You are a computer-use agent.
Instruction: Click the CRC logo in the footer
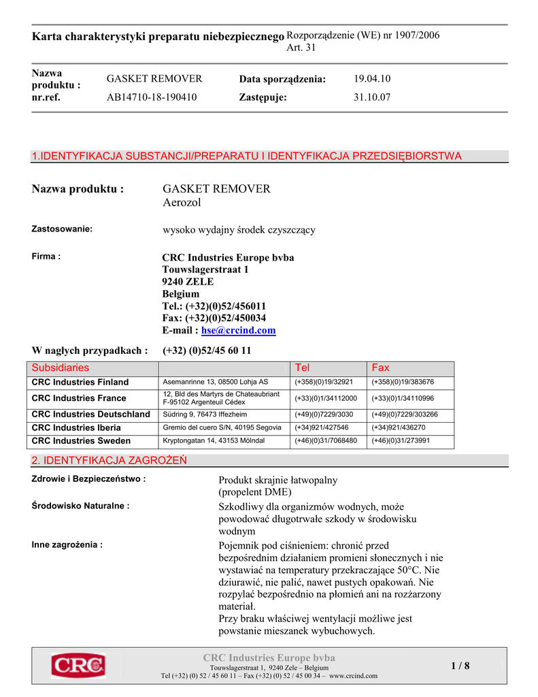click(78, 665)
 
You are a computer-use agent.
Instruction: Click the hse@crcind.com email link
click(239, 330)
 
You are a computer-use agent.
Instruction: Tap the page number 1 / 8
click(460, 666)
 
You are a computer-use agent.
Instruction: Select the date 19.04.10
click(372, 79)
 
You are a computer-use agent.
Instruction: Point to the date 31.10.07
click(372, 97)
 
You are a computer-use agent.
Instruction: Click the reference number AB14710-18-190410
click(152, 97)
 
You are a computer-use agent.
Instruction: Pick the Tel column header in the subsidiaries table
click(301, 368)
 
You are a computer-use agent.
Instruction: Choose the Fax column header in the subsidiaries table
click(380, 368)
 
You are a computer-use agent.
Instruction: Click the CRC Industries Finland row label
click(80, 382)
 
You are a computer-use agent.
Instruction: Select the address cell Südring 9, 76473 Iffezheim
click(205, 414)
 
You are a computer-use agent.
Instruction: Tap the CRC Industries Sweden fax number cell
click(401, 440)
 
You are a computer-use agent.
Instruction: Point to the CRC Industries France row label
click(79, 398)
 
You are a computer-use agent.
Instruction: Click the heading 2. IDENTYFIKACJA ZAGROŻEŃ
click(110, 461)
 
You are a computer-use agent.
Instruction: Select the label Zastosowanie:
click(62, 229)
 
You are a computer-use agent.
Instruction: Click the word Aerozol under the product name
click(182, 202)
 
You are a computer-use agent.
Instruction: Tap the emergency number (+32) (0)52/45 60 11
click(207, 351)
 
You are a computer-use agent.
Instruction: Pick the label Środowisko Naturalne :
click(81, 506)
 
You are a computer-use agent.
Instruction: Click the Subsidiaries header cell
click(61, 368)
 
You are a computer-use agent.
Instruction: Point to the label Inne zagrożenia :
click(67, 545)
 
